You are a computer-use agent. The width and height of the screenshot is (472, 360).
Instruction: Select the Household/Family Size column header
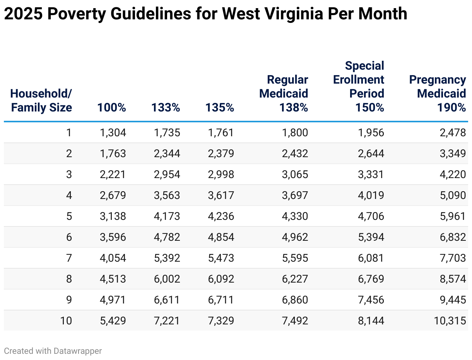point(41,100)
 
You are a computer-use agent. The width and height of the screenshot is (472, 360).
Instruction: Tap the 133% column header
point(166,107)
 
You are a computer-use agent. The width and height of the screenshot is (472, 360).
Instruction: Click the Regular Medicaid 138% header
point(284,93)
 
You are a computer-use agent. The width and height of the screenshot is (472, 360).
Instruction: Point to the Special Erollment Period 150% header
point(359,86)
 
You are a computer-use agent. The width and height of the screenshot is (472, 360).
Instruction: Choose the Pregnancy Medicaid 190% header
point(438,93)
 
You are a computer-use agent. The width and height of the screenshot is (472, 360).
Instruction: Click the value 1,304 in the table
point(113,133)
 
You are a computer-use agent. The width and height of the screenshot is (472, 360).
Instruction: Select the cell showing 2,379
point(221,154)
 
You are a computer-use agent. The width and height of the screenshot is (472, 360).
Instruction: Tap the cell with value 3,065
point(295,175)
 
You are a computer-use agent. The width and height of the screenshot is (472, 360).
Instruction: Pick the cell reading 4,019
point(371,195)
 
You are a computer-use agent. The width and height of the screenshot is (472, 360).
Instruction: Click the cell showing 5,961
point(453,216)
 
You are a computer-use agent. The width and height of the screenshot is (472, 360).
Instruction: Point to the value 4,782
point(167,237)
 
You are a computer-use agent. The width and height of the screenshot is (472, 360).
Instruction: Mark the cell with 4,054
point(113,258)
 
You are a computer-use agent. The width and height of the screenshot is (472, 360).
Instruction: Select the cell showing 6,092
point(221,279)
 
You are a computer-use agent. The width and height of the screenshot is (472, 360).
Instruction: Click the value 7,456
point(371,300)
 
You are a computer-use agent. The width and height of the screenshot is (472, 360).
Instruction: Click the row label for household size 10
point(66,321)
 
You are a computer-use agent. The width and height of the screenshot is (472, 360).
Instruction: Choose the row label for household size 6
point(69,237)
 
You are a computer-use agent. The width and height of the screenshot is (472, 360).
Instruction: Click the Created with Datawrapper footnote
point(53,351)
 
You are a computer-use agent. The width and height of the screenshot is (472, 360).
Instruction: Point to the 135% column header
point(220,107)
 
